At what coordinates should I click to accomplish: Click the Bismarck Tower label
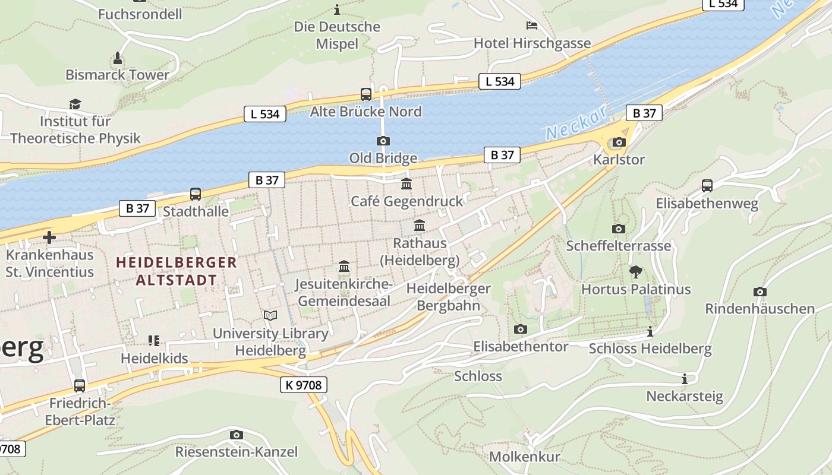pyautogui.click(x=117, y=75)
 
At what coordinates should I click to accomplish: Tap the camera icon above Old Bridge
pyautogui.click(x=383, y=141)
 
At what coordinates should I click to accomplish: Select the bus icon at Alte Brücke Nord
pyautogui.click(x=366, y=94)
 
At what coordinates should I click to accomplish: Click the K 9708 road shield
pyautogui.click(x=303, y=385)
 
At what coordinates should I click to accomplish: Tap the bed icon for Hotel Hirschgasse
pyautogui.click(x=532, y=25)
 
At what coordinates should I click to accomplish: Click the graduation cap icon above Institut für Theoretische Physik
pyautogui.click(x=75, y=104)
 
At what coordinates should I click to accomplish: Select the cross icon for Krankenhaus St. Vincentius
pyautogui.click(x=49, y=237)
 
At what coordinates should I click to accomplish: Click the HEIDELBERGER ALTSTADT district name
pyautogui.click(x=177, y=271)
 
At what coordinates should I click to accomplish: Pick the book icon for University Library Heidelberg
pyautogui.click(x=270, y=316)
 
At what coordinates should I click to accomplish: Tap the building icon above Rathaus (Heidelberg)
pyautogui.click(x=420, y=226)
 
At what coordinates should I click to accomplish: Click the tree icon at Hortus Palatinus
pyautogui.click(x=635, y=272)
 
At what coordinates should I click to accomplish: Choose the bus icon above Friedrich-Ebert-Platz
pyautogui.click(x=80, y=385)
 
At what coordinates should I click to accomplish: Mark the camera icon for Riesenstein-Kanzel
pyautogui.click(x=236, y=435)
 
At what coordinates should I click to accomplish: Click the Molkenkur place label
pyautogui.click(x=524, y=457)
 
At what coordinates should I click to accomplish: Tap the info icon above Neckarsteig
pyautogui.click(x=685, y=379)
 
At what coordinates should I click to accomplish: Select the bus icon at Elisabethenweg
pyautogui.click(x=707, y=185)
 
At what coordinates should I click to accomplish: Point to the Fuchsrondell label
pyautogui.click(x=140, y=14)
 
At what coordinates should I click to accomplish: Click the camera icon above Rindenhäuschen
pyautogui.click(x=759, y=292)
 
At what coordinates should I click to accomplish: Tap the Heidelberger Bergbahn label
pyautogui.click(x=448, y=297)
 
